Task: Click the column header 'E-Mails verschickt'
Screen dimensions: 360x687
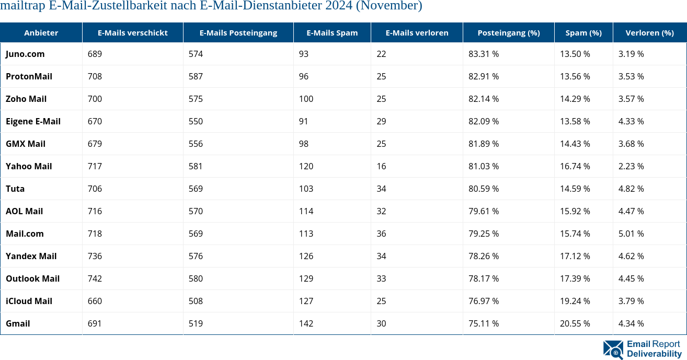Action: (132, 32)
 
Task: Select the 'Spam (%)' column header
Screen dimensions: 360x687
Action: (583, 32)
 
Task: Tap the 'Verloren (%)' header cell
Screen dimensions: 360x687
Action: (649, 32)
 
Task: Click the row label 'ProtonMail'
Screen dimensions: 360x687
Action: (29, 76)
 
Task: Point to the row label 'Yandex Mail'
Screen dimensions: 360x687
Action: (31, 256)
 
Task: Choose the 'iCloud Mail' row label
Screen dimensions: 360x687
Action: (29, 301)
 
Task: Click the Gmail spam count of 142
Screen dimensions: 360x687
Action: (306, 323)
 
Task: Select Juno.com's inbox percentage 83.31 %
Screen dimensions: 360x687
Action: (484, 54)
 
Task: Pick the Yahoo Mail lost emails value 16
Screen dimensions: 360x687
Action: (381, 166)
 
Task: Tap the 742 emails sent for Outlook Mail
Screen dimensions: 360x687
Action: (95, 278)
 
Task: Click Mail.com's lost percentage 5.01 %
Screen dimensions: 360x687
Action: (631, 234)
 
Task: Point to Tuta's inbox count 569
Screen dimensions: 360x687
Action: (196, 189)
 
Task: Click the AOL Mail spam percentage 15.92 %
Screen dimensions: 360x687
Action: (575, 211)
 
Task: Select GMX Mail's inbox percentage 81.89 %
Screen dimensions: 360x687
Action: (484, 144)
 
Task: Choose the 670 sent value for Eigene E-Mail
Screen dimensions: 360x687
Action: (95, 121)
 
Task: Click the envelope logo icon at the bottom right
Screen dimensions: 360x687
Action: (613, 350)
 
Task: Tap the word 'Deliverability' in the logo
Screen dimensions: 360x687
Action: (654, 354)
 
